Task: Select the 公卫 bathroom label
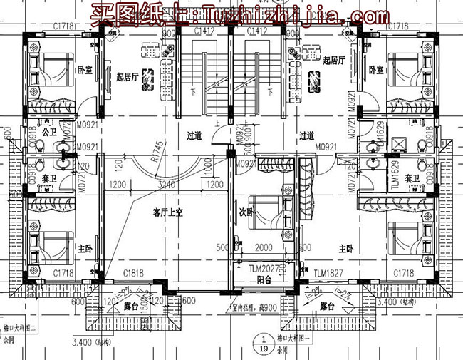pyautogui.click(x=49, y=132)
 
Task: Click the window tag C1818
pyautogui.click(x=133, y=274)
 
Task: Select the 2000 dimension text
pyautogui.click(x=263, y=247)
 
